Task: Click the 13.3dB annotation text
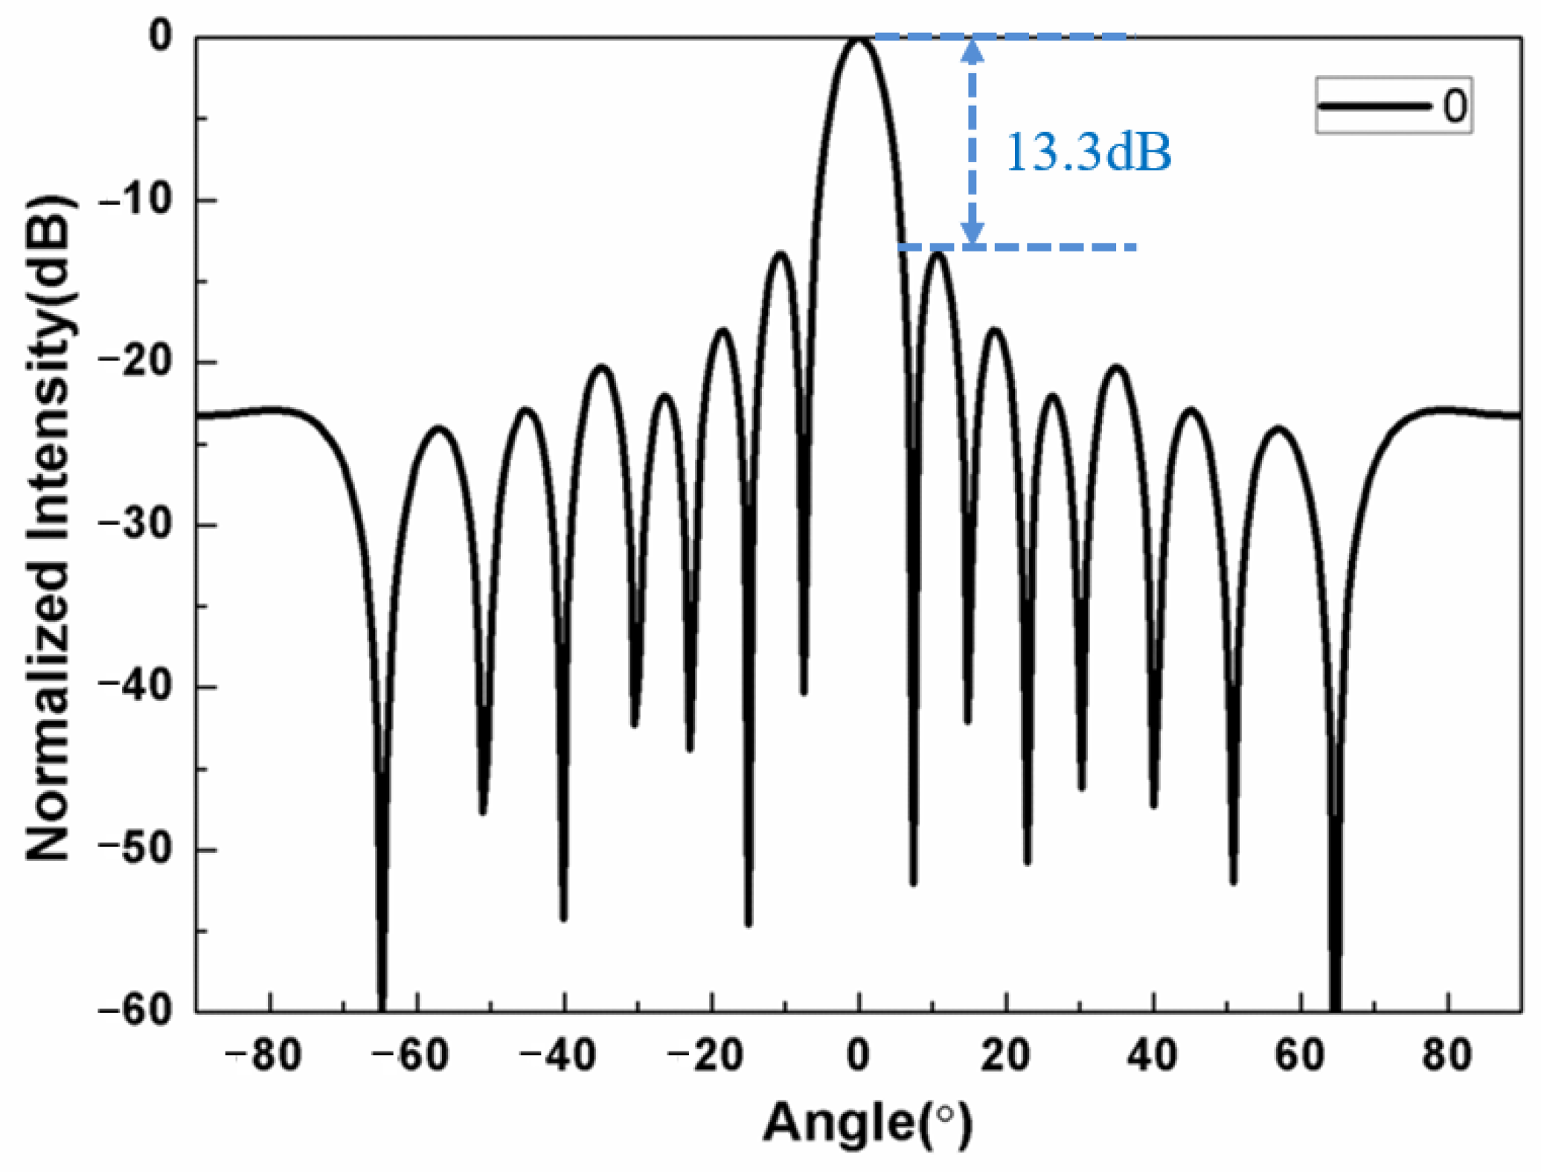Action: pyautogui.click(x=1087, y=153)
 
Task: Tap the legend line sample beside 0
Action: pyautogui.click(x=1374, y=106)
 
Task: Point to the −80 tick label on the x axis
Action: pyautogui.click(x=264, y=1056)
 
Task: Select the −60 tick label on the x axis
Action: pyautogui.click(x=411, y=1056)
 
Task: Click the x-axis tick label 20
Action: pyautogui.click(x=1005, y=1056)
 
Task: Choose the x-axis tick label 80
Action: pyautogui.click(x=1447, y=1056)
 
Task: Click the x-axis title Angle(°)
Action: pyautogui.click(x=868, y=1123)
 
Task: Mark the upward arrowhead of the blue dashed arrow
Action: pyautogui.click(x=972, y=48)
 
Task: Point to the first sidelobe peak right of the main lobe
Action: pyautogui.click(x=938, y=254)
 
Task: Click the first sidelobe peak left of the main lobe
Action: pyautogui.click(x=781, y=254)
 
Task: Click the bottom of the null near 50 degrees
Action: pyautogui.click(x=1233, y=883)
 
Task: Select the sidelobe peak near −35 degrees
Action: pyautogui.click(x=602, y=368)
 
